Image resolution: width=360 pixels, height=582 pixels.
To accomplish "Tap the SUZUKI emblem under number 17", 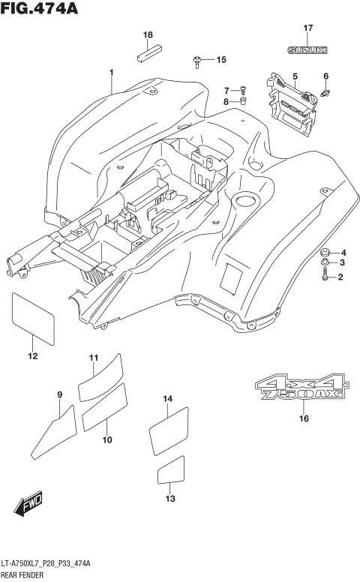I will point(307,50).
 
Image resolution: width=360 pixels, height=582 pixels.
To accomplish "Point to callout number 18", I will point(148,35).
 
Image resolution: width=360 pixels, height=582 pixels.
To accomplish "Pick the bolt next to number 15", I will point(197,60).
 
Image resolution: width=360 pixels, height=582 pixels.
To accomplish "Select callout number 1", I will point(111,72).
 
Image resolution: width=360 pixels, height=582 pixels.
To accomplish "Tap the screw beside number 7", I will point(244,90).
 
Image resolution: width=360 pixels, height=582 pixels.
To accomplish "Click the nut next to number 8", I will point(244,101).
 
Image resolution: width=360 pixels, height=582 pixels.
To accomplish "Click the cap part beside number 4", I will point(324,251).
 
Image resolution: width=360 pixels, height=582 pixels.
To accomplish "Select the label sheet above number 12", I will point(34,318).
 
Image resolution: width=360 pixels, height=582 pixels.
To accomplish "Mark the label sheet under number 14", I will point(167,433).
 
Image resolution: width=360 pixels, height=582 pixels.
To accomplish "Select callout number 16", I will point(303,418).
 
